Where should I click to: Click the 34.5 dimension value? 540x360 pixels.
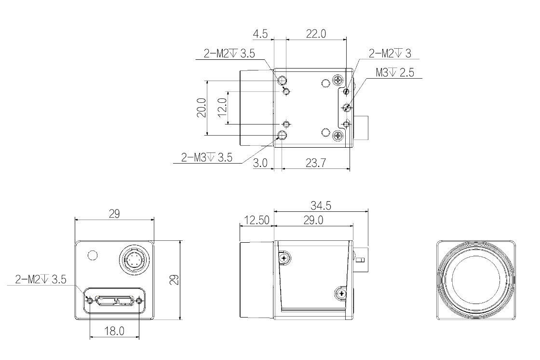[x=321, y=206]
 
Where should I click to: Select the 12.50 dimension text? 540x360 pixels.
[x=256, y=220]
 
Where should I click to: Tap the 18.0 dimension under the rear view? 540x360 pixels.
[x=114, y=332]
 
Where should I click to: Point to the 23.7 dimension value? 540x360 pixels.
[x=316, y=163]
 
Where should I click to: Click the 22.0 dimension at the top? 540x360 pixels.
[x=316, y=34]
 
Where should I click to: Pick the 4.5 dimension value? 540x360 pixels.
[x=260, y=34]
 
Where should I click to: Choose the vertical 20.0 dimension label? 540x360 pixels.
[x=202, y=108]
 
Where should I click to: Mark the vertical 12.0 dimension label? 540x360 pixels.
[x=222, y=108]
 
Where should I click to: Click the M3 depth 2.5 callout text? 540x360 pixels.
[x=395, y=73]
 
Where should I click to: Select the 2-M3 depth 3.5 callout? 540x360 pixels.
[x=207, y=158]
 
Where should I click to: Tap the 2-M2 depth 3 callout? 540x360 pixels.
[x=390, y=54]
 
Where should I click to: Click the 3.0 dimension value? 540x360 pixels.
[x=260, y=163]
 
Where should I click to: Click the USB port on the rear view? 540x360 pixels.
[x=114, y=301]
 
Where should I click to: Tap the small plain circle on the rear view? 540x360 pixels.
[x=93, y=255]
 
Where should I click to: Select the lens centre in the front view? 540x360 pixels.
[x=476, y=280]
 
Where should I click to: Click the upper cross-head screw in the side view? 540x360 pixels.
[x=284, y=258]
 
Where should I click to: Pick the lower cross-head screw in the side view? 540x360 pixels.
[x=341, y=294]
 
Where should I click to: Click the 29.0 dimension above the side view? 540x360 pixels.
[x=313, y=220]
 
